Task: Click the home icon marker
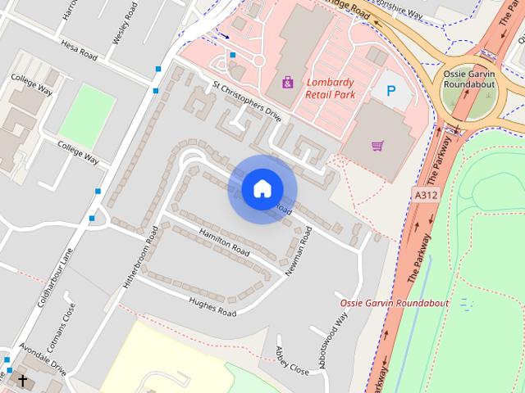pyautogui.click(x=262, y=188)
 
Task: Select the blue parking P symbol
pyautogui.click(x=390, y=92)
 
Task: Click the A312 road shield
pyautogui.click(x=425, y=196)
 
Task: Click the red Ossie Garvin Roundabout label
pyautogui.click(x=395, y=303)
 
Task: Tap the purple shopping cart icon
pyautogui.click(x=377, y=146)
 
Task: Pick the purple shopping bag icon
pyautogui.click(x=287, y=82)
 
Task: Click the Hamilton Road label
pyautogui.click(x=224, y=241)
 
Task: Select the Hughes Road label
pyautogui.click(x=212, y=307)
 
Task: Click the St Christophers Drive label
pyautogui.click(x=246, y=101)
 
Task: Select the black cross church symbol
pyautogui.click(x=22, y=381)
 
